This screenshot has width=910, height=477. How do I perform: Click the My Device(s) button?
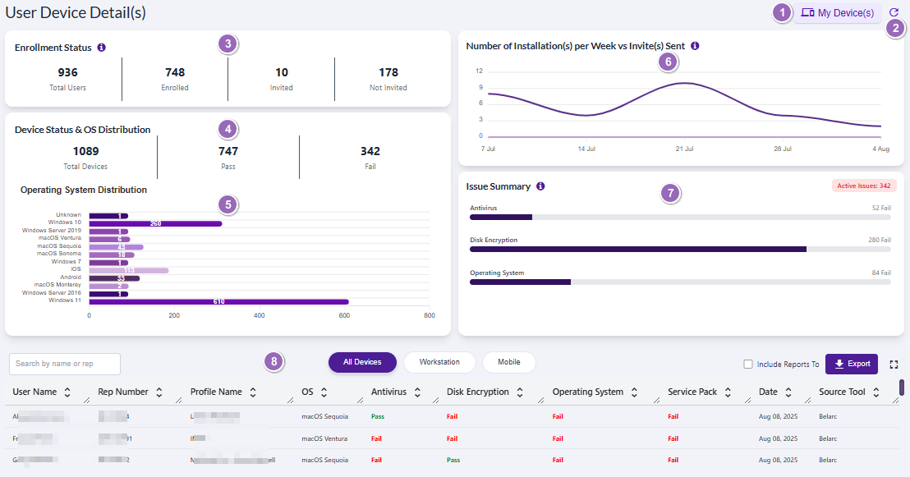coord(837,13)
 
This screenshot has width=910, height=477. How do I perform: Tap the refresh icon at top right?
coord(894,12)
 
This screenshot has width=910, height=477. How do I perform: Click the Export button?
coord(851,364)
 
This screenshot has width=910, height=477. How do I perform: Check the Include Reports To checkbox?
coord(747,365)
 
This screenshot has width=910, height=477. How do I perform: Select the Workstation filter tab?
coord(439,362)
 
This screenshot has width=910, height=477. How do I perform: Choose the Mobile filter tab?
coord(508,362)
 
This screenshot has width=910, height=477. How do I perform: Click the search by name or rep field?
coord(65,364)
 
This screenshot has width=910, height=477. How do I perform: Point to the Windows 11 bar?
coord(218,301)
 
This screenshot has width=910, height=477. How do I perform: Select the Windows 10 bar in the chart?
coord(155,223)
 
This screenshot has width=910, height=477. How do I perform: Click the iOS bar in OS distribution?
coord(128,270)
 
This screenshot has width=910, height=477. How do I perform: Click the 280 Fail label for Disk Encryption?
coord(879,241)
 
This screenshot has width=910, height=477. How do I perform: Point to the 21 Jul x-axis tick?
coord(684,149)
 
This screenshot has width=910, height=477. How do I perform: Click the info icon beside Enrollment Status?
coord(101,48)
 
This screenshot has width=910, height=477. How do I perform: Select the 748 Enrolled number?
coord(175,72)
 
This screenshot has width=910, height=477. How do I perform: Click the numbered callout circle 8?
coord(275,361)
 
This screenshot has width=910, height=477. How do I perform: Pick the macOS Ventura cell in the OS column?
coord(324,438)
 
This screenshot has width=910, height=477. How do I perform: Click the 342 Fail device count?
coord(370,151)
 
